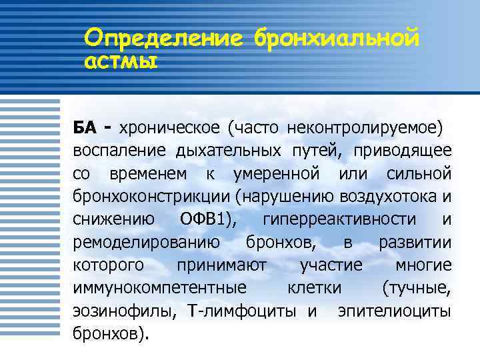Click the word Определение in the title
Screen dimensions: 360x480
pyautogui.click(x=165, y=39)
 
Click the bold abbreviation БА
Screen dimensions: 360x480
pyautogui.click(x=85, y=127)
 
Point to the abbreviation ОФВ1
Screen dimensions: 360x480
pyautogui.click(x=207, y=219)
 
